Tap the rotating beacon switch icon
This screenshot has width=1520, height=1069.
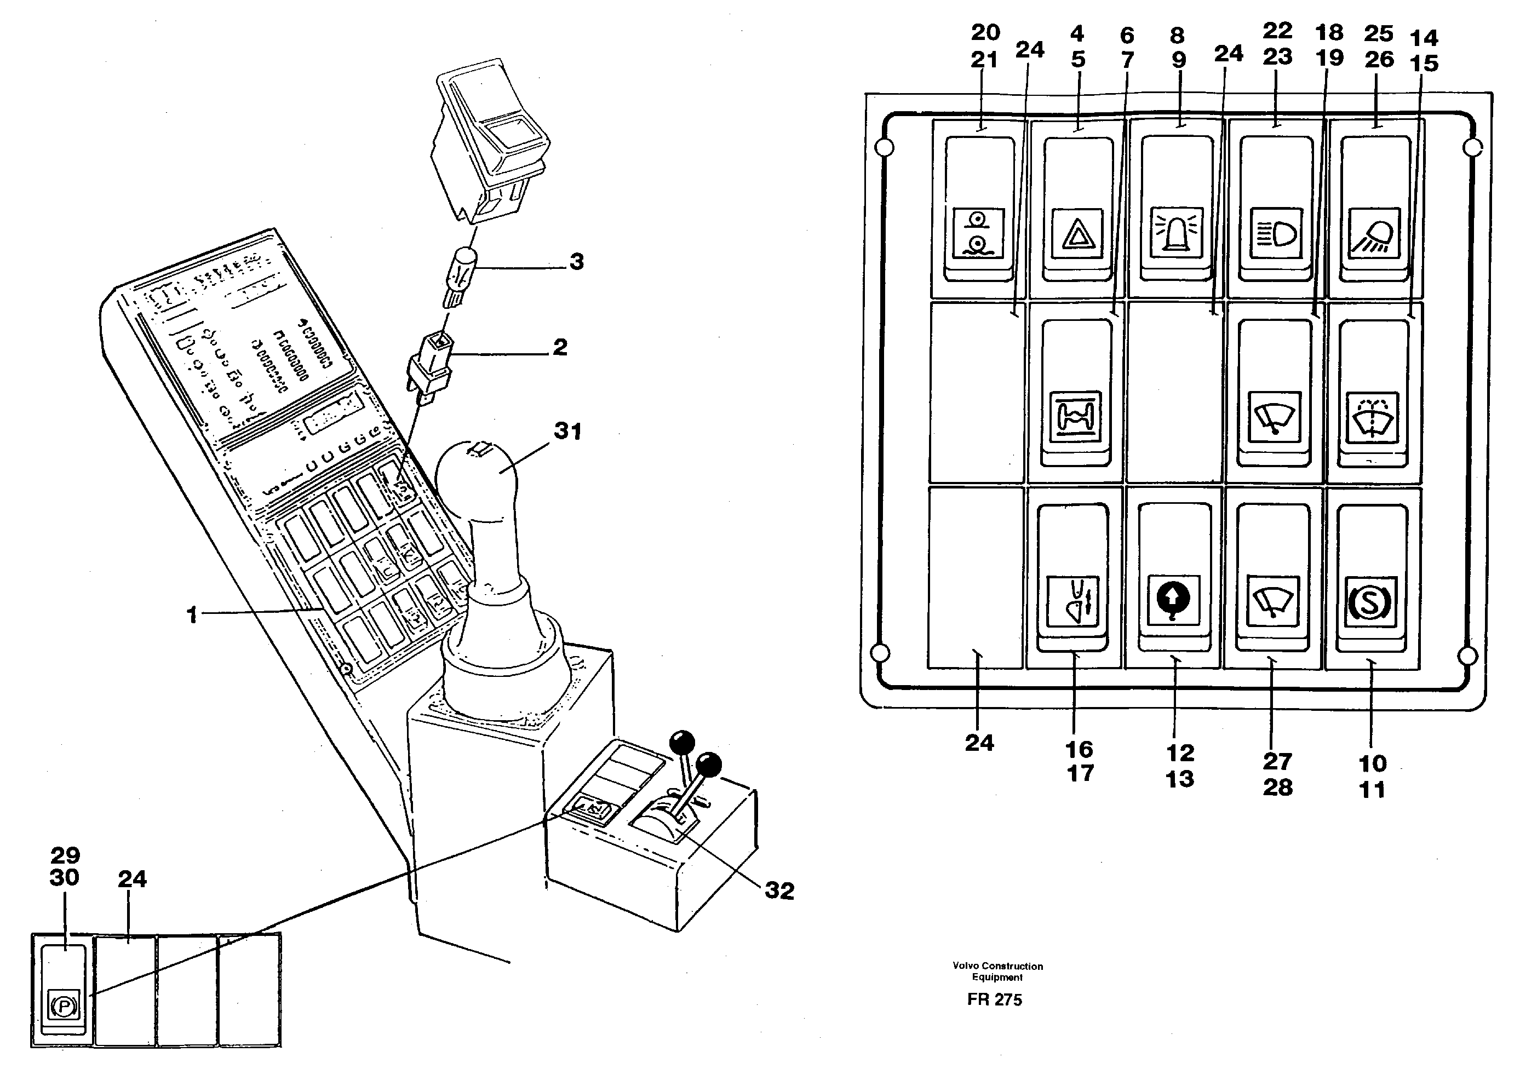pyautogui.click(x=1177, y=232)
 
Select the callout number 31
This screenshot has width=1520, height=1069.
pyautogui.click(x=567, y=432)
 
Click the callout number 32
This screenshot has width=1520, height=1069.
pyautogui.click(x=779, y=891)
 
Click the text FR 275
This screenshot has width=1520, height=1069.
pyautogui.click(x=994, y=999)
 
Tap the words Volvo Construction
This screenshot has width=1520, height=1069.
pyautogui.click(x=997, y=965)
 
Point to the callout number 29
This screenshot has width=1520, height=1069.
pyautogui.click(x=65, y=855)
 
